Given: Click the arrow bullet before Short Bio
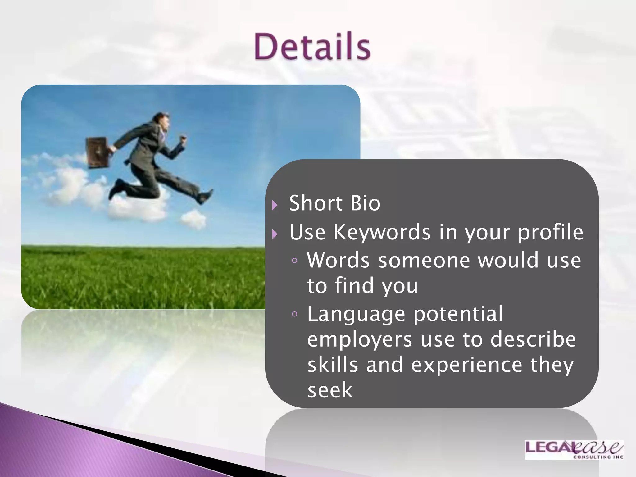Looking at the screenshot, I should (x=275, y=205).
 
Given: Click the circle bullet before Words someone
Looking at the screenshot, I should (x=294, y=261).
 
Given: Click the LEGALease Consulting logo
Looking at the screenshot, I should (x=574, y=450).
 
